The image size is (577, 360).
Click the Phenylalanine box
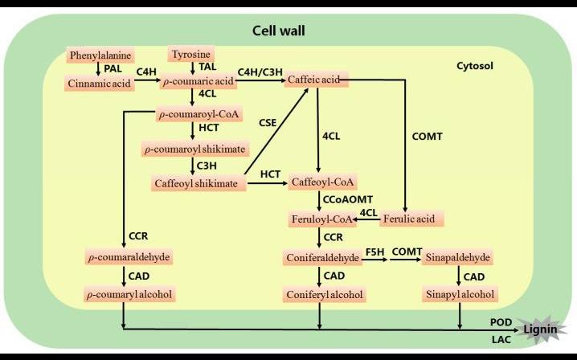[100, 55]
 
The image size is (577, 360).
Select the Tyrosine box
[191, 54]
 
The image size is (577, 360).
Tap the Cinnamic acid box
[100, 82]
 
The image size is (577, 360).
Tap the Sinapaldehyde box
[457, 258]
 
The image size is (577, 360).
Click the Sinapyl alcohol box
[459, 295]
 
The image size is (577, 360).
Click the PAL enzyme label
[113, 68]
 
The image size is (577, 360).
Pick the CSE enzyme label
[268, 122]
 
